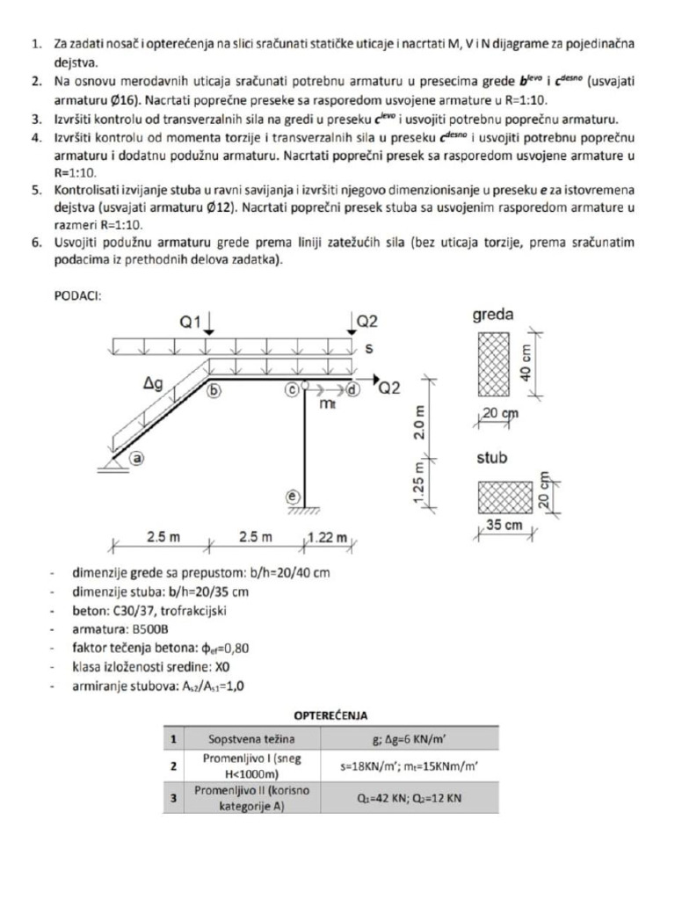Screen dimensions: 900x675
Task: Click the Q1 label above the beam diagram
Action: [191, 322]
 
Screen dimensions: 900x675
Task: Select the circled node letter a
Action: [135, 457]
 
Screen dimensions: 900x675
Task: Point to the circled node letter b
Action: [214, 392]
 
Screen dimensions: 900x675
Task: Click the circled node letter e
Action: [293, 497]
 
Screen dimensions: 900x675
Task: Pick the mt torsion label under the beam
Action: [328, 403]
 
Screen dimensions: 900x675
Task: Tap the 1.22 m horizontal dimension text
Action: [327, 537]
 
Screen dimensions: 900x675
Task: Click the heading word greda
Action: [493, 314]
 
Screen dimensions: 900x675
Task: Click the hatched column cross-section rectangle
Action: [505, 497]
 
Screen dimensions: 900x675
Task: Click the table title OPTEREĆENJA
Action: [330, 715]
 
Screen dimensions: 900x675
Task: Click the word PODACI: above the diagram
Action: [77, 296]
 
